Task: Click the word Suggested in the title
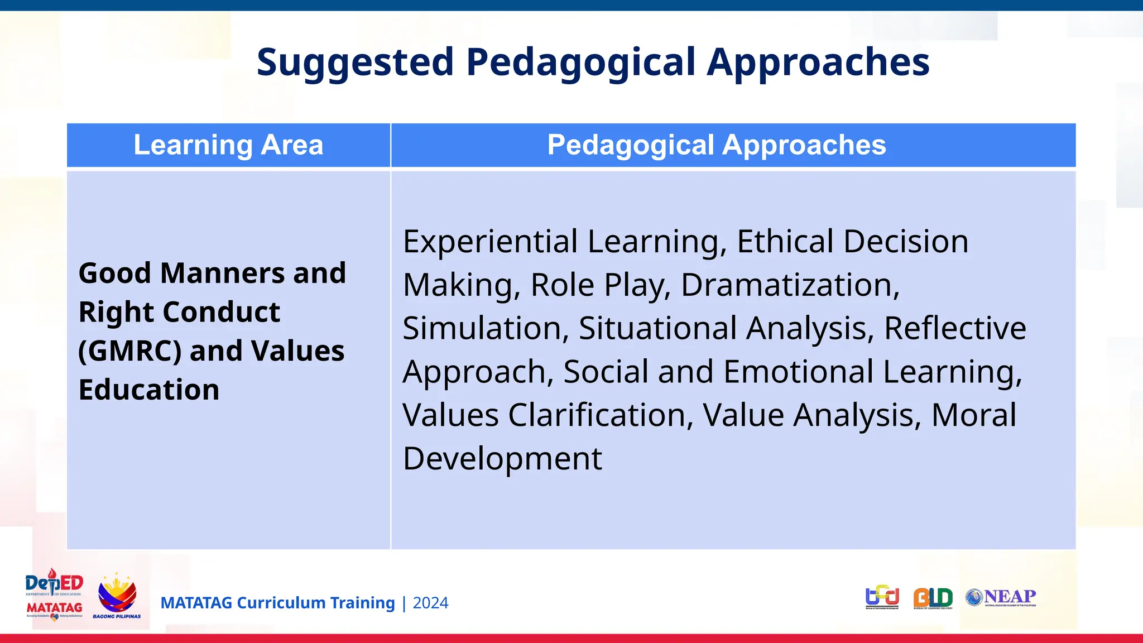point(355,62)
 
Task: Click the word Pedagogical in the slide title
point(580,62)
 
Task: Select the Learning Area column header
point(228,145)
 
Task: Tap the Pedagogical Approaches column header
point(716,145)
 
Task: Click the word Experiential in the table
point(490,242)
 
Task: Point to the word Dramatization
point(790,285)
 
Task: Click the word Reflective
point(954,328)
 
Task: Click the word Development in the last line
point(502,459)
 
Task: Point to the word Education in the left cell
point(149,390)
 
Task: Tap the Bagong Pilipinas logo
point(117,596)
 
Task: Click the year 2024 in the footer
point(430,603)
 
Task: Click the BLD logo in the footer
point(933,598)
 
